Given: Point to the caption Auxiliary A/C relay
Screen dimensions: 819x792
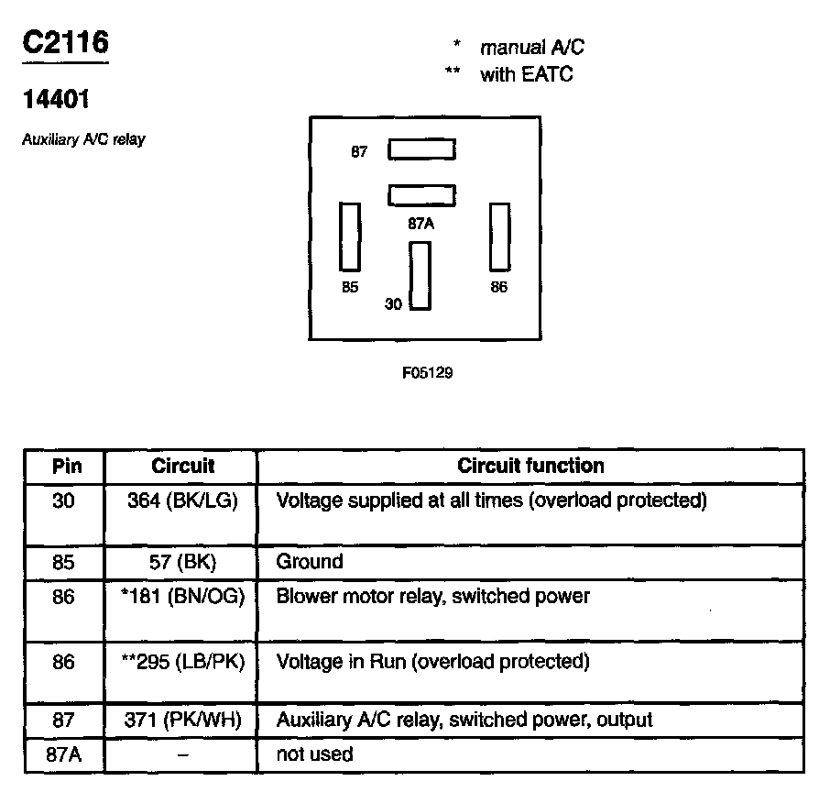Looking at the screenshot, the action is coord(83,140).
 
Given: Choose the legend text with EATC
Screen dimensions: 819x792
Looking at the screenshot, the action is coord(526,75).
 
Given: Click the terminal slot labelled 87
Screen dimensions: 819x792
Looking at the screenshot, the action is coord(421,149).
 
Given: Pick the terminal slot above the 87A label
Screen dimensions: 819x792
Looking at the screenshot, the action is coord(421,194).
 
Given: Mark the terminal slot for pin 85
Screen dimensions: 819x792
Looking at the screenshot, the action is coord(350,236).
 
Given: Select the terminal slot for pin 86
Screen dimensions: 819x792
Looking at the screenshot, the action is coord(499,236).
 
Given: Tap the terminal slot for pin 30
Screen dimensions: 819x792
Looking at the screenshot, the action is coord(420,276).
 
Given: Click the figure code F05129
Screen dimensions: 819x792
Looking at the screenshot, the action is coord(426,373).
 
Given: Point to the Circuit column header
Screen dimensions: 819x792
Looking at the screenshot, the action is coord(182,466).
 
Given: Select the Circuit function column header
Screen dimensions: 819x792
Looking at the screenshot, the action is coord(530,466).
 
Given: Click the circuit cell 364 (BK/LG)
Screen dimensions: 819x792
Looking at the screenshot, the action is coord(182,501).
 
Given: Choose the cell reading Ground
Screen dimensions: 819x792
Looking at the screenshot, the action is coord(310,562).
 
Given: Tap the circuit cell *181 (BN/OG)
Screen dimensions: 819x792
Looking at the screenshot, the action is coord(182,597).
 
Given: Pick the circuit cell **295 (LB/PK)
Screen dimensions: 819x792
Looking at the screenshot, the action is coord(182,661).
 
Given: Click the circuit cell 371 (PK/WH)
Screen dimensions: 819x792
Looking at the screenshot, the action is coord(182,720).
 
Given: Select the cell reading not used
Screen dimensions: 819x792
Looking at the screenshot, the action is coord(314,755).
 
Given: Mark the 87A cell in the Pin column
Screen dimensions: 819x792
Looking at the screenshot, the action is coord(63,755).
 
